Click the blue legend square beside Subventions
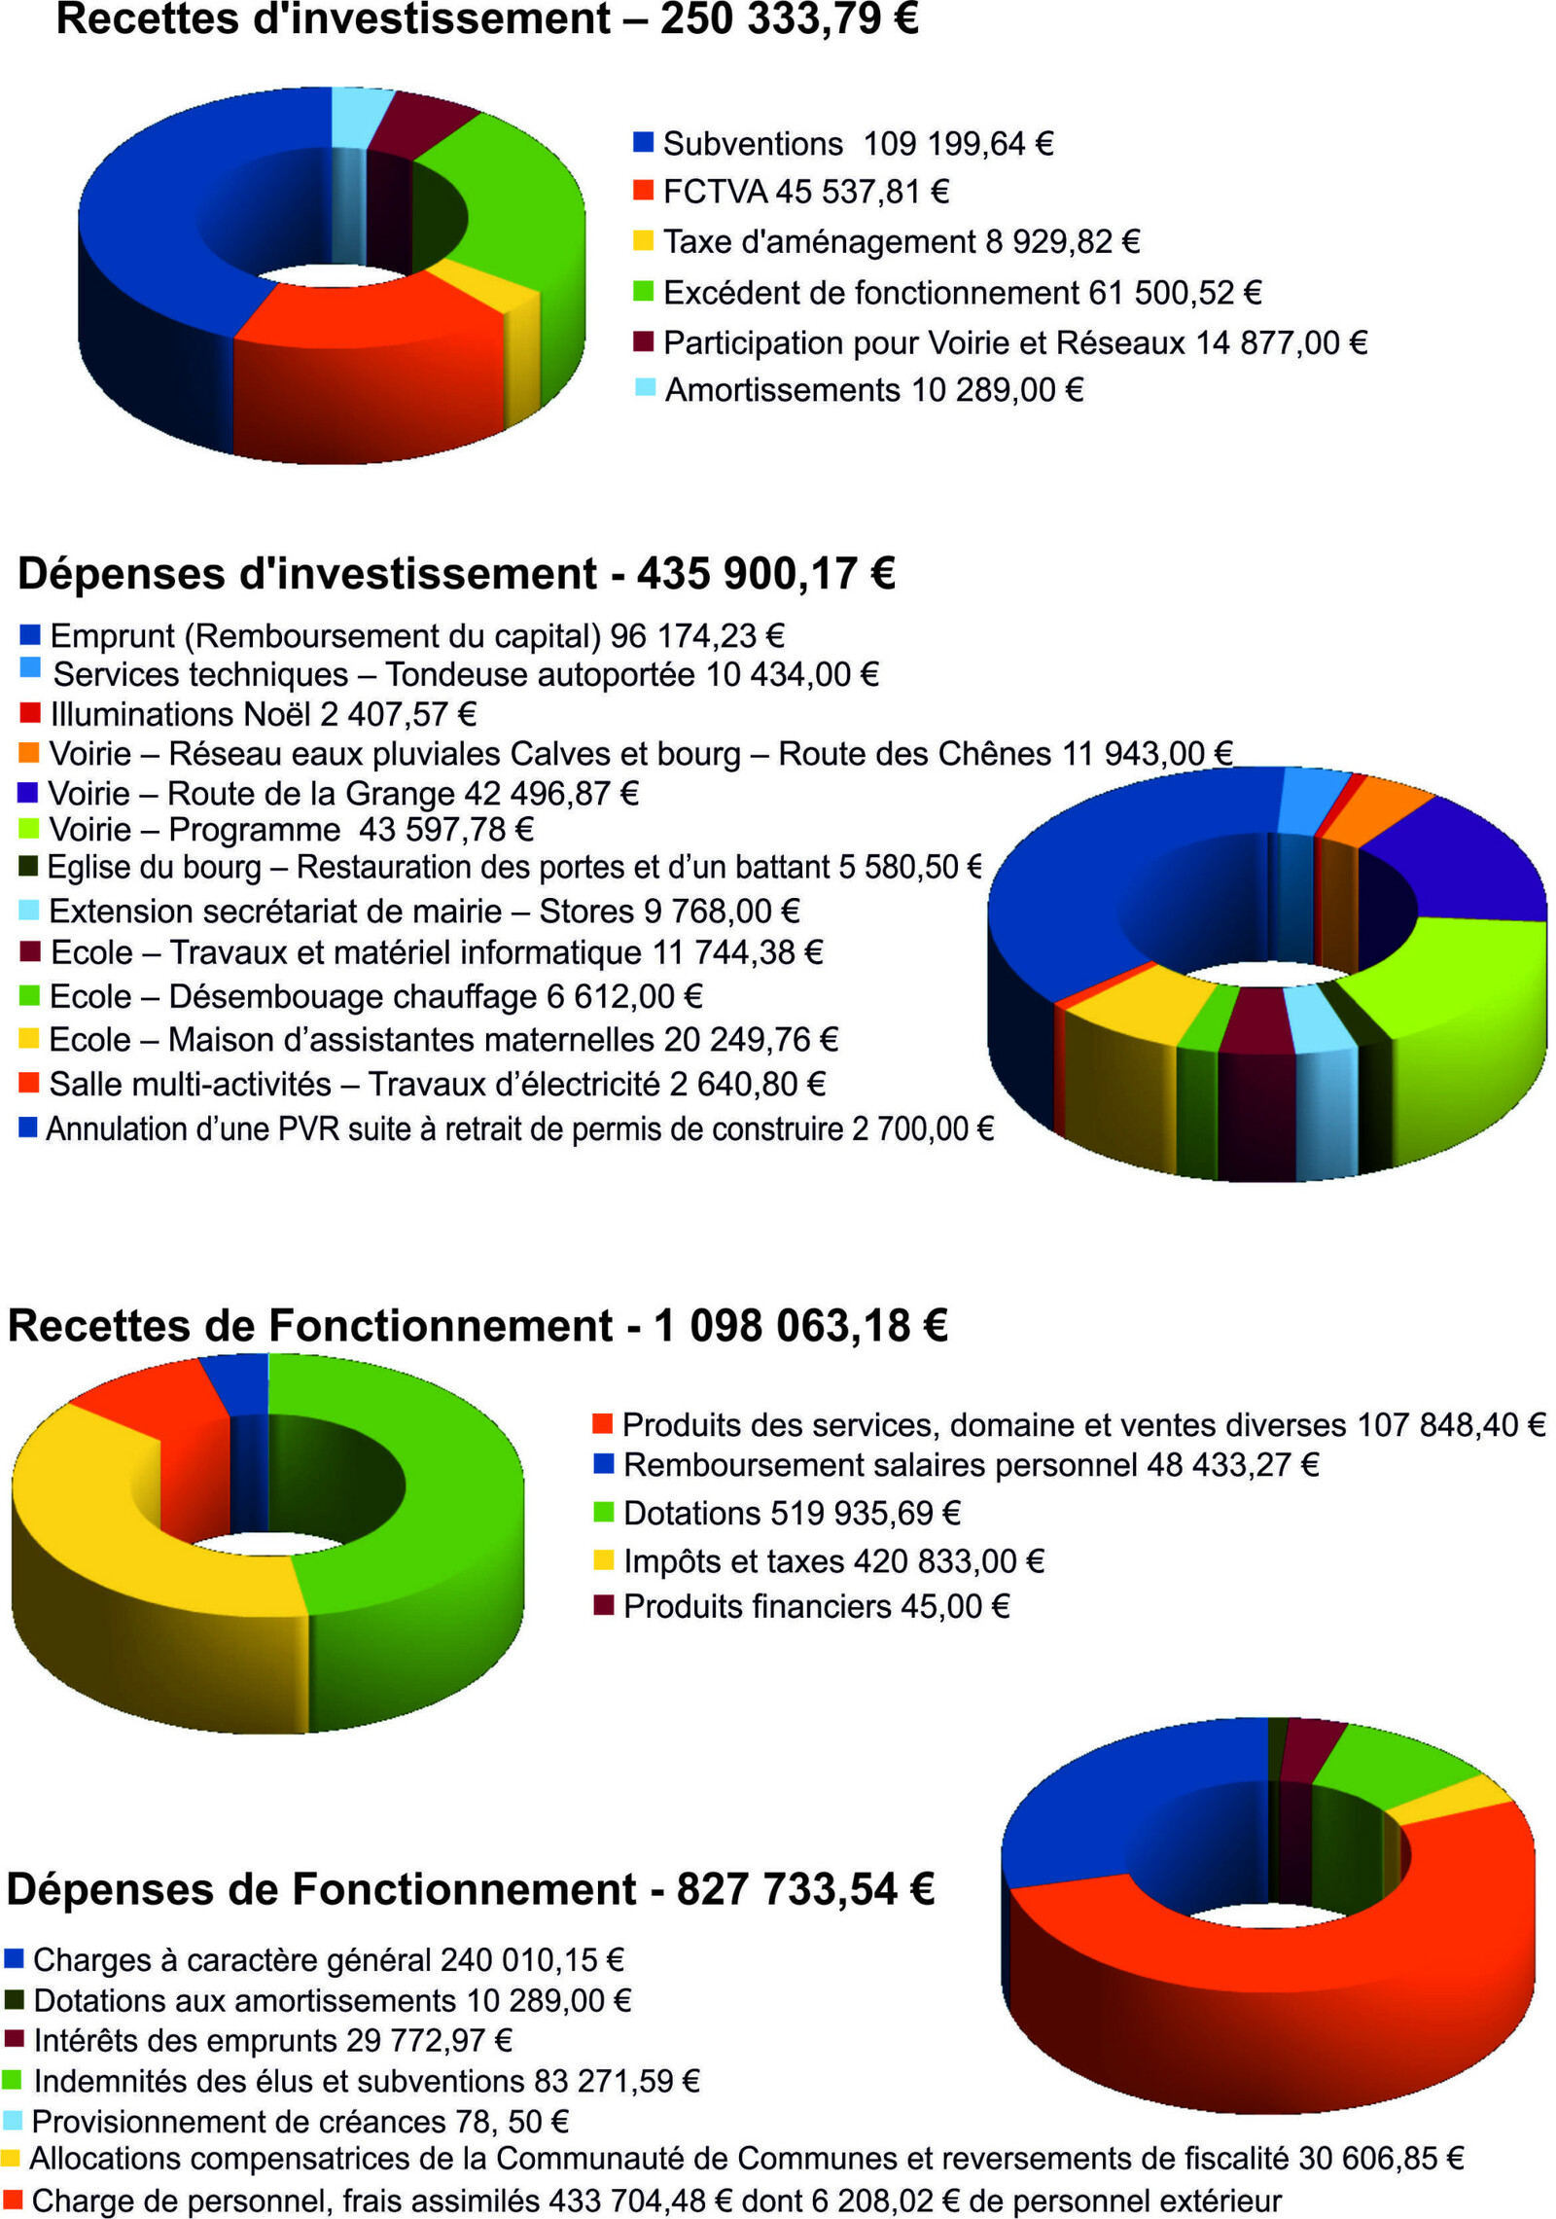pyautogui.click(x=643, y=142)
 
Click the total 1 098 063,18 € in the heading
pyautogui.click(x=800, y=1325)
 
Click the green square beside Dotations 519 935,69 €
pyautogui.click(x=603, y=1512)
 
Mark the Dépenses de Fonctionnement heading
pyautogui.click(x=321, y=1889)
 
